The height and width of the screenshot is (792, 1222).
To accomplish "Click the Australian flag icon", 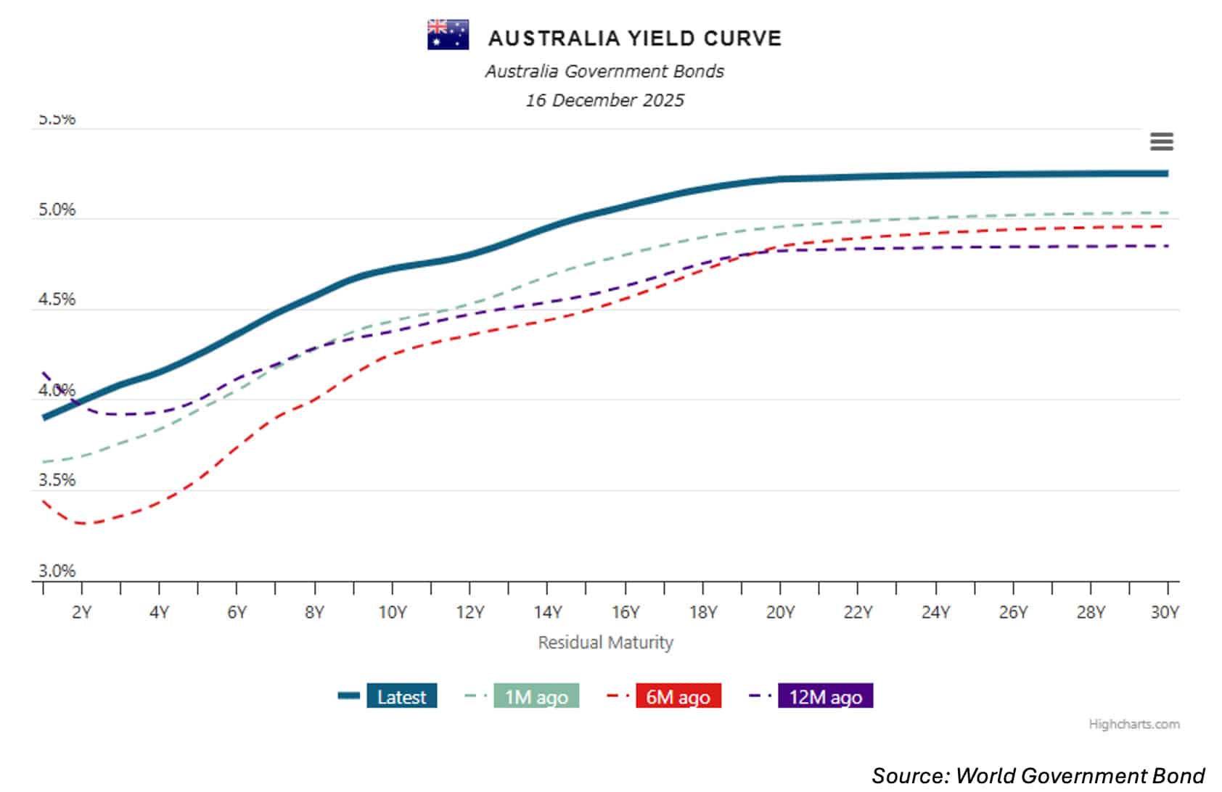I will point(448,35).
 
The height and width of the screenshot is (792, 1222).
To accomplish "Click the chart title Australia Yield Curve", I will point(635,38).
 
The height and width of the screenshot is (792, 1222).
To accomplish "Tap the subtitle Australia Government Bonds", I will point(604,71).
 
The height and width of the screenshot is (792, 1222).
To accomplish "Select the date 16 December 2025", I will point(604,100).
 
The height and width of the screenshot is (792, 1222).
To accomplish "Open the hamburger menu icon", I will point(1161,141).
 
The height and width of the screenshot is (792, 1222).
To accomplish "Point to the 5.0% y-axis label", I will point(57,210).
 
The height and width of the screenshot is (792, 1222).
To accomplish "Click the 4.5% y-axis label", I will point(57,300).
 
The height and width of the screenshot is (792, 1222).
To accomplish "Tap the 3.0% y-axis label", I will point(57,571).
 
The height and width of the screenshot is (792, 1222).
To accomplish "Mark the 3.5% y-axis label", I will point(57,480).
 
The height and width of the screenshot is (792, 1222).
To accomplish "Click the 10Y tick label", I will point(392,613).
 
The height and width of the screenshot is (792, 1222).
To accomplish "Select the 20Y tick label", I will point(780,613).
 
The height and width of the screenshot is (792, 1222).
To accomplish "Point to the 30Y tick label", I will point(1164,613).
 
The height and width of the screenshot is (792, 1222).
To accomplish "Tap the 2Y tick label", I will point(81,613).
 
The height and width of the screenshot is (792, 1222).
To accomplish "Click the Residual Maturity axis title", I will point(605,643).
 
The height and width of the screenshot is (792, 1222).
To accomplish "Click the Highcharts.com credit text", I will point(1133,724).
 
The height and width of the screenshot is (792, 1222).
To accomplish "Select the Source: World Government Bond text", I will point(1038,775).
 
